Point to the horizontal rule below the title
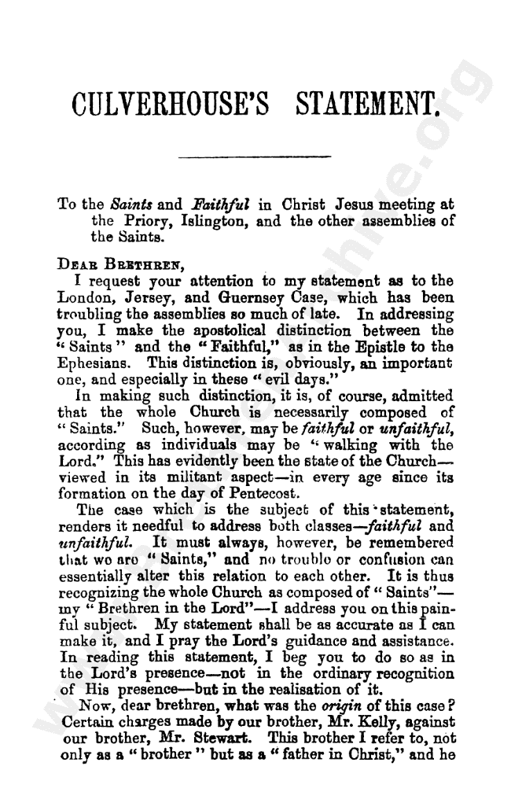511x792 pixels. (x=255, y=157)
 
